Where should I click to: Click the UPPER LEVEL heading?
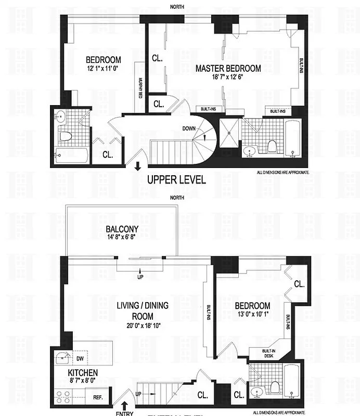[x=176, y=180]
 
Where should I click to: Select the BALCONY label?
[x=121, y=229]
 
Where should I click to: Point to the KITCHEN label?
[x=83, y=372]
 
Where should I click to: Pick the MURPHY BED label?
[x=140, y=87]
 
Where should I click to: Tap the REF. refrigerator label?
[x=97, y=397]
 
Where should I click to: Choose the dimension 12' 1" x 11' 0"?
[x=104, y=69]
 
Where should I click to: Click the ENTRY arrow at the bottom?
[x=125, y=404]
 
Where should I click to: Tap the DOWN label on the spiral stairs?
[x=188, y=128]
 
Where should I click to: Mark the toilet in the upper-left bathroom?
[x=65, y=137]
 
